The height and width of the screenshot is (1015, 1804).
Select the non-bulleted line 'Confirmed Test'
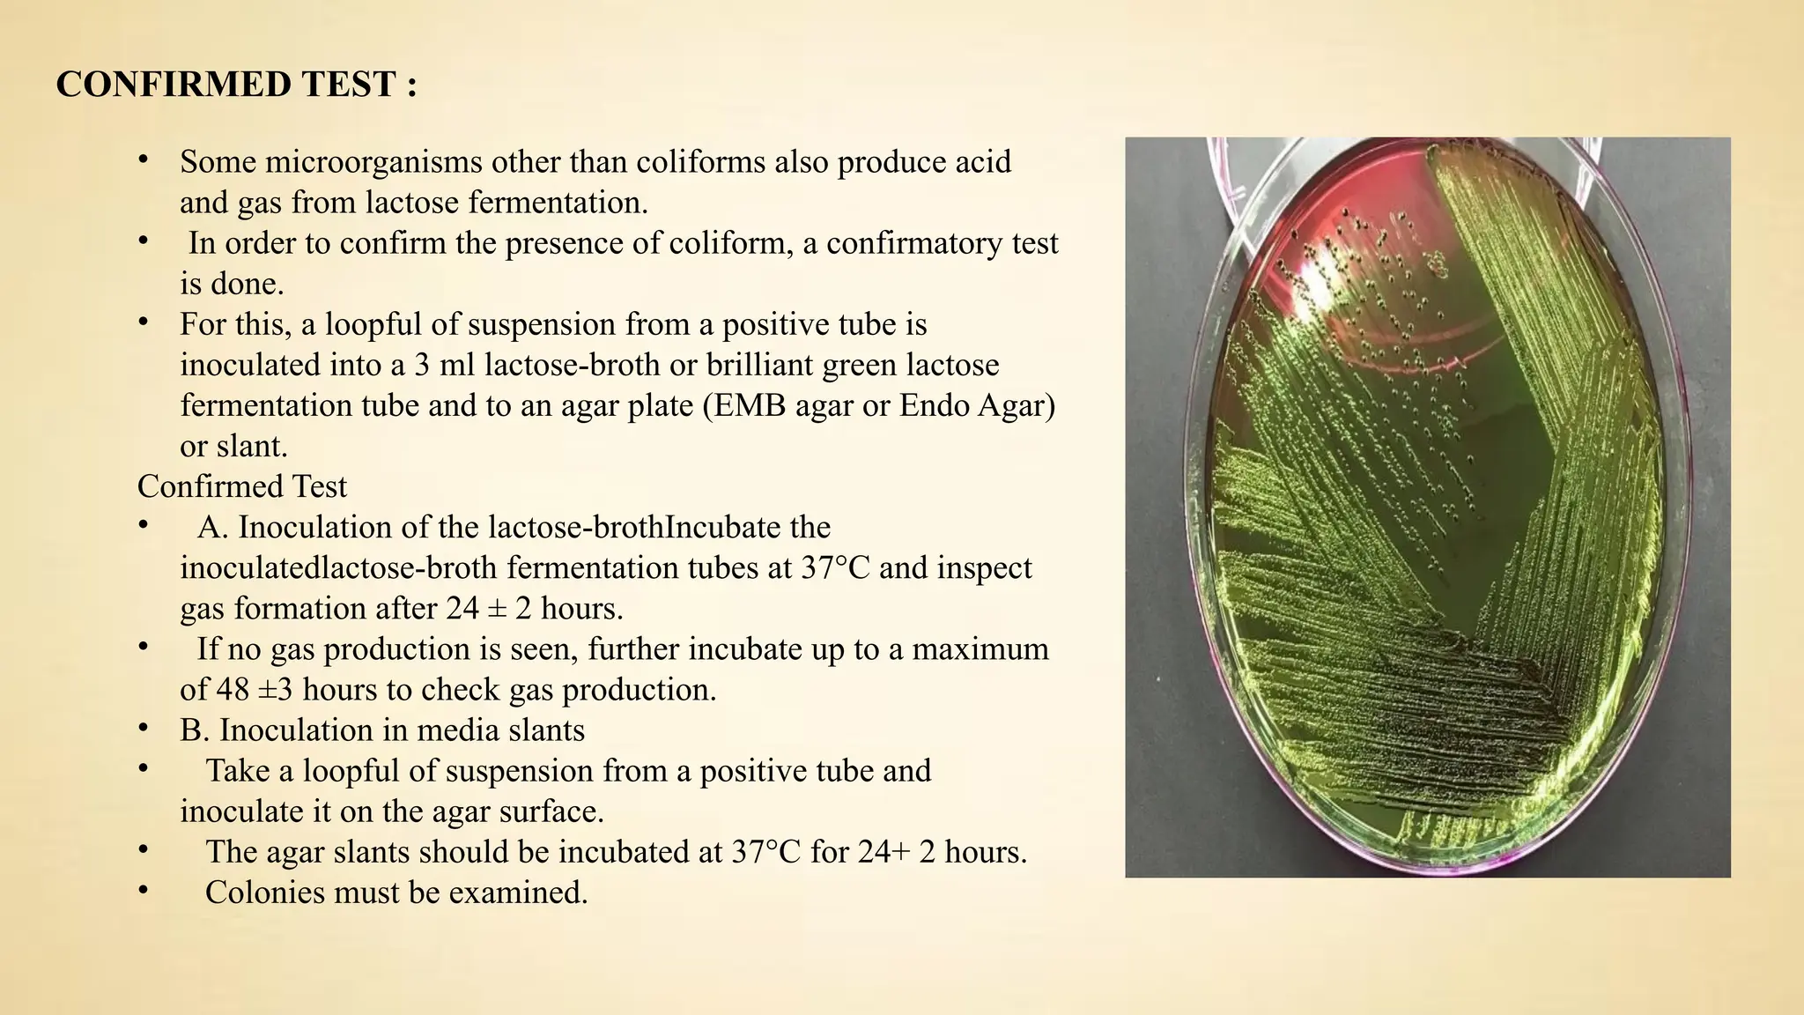click(x=242, y=486)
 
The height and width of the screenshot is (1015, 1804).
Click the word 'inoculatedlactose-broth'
click(x=338, y=567)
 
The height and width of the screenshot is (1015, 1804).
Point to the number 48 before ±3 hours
click(x=233, y=689)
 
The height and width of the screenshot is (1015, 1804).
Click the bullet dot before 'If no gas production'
click(x=143, y=647)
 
